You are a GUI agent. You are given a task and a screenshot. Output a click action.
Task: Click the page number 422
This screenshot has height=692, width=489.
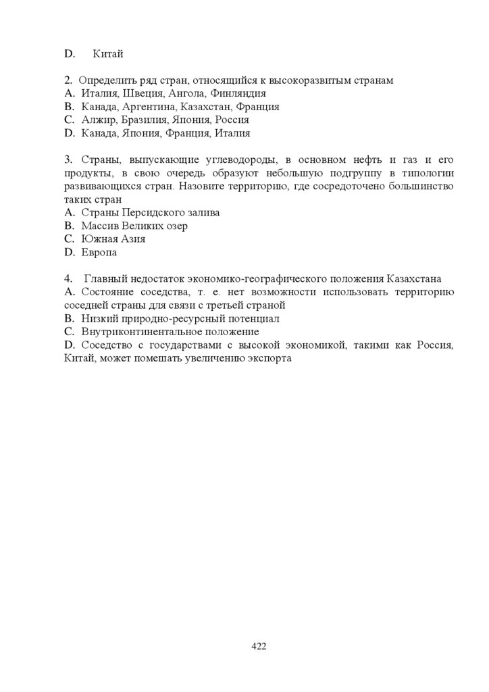(259, 646)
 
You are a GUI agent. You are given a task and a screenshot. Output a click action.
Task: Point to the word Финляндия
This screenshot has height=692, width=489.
(237, 93)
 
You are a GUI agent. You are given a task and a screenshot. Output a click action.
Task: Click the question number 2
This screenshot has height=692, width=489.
(68, 80)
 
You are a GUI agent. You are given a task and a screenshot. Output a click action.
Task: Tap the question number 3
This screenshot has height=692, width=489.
(68, 159)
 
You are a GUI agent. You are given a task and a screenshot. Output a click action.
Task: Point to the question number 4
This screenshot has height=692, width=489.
(68, 278)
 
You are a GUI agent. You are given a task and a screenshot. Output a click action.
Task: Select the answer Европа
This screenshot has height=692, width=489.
(99, 252)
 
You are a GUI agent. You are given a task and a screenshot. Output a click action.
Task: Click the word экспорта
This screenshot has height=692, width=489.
(269, 358)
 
